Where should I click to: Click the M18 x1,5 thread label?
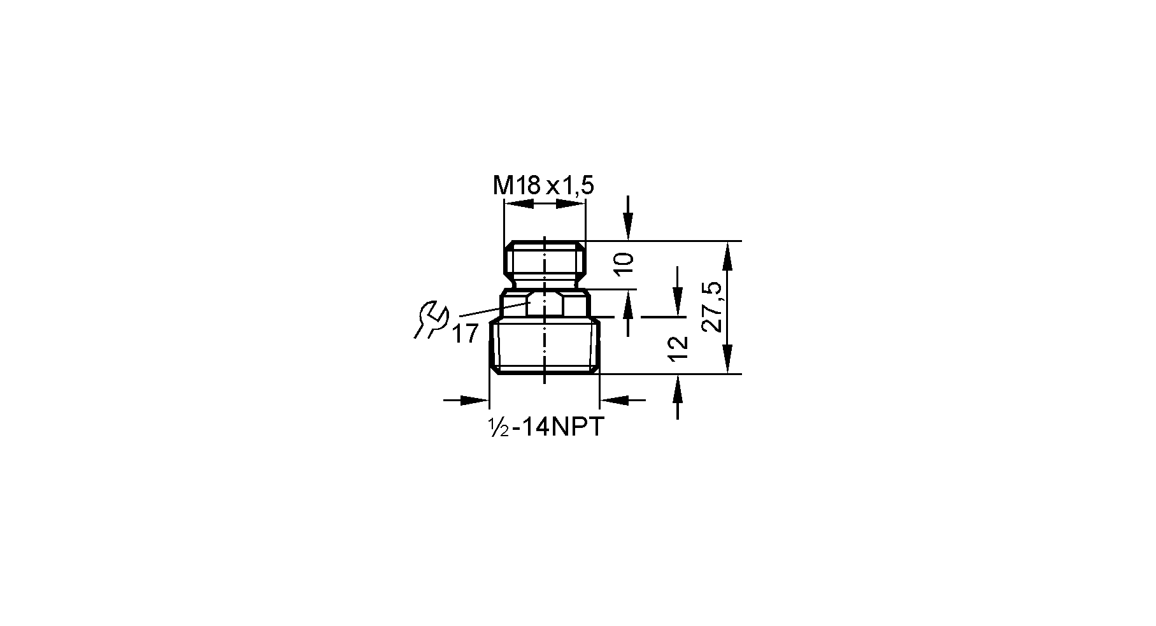pyautogui.click(x=543, y=186)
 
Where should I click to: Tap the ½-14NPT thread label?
pyautogui.click(x=545, y=427)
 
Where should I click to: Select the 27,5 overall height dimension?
pyautogui.click(x=712, y=307)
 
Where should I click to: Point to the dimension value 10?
pyautogui.click(x=625, y=263)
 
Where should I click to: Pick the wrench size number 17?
pyautogui.click(x=465, y=334)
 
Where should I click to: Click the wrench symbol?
pyautogui.click(x=431, y=320)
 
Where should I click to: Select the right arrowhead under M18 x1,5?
pyautogui.click(x=570, y=204)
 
